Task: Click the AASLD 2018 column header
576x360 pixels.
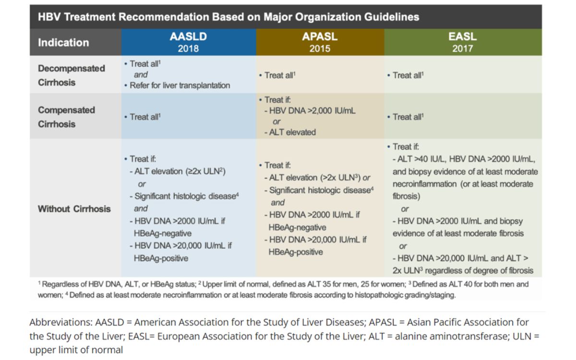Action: pyautogui.click(x=188, y=42)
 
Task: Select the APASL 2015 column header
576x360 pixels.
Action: pyautogui.click(x=320, y=42)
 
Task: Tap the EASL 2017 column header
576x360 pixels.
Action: pyautogui.click(x=462, y=42)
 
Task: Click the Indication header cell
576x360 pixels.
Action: pyautogui.click(x=63, y=42)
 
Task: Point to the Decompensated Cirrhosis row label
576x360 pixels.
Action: pyautogui.click(x=71, y=75)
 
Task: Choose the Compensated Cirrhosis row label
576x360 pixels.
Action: pyautogui.click(x=66, y=117)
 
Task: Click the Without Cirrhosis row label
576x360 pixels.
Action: pyautogui.click(x=74, y=209)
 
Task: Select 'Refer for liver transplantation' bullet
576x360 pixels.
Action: pyautogui.click(x=180, y=86)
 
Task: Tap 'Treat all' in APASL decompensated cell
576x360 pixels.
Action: pyautogui.click(x=278, y=75)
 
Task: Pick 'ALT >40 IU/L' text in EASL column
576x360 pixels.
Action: pyautogui.click(x=423, y=159)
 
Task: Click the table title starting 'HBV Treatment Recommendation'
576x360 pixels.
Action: pyautogui.click(x=228, y=17)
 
